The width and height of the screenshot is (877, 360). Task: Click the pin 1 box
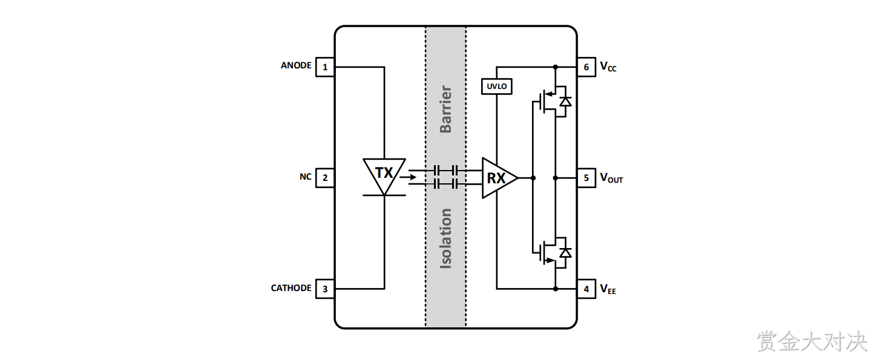coord(325,67)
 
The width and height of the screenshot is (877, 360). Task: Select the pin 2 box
coord(325,178)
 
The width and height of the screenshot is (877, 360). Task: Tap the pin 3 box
coord(325,289)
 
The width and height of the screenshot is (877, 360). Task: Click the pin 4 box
coord(586,289)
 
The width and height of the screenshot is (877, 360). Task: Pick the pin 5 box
coord(586,178)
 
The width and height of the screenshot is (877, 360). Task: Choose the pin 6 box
coord(586,67)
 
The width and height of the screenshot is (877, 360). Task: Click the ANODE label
coord(296,65)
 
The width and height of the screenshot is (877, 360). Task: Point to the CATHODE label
coord(291,288)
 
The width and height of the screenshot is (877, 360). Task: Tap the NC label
coord(306,177)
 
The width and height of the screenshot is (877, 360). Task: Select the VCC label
coord(608,67)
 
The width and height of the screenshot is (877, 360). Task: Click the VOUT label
coord(611,178)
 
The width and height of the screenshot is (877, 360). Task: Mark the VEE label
coord(608,290)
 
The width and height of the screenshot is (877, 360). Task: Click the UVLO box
coord(496,87)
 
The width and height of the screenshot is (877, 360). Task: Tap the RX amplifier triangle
coord(499,178)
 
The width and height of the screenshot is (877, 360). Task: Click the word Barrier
coord(445,109)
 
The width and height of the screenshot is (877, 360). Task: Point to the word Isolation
coord(445,238)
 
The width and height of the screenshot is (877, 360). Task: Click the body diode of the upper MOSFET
coord(565,102)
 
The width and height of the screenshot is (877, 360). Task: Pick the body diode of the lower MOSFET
coord(565,253)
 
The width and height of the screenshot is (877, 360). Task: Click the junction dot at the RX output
coord(533,178)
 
